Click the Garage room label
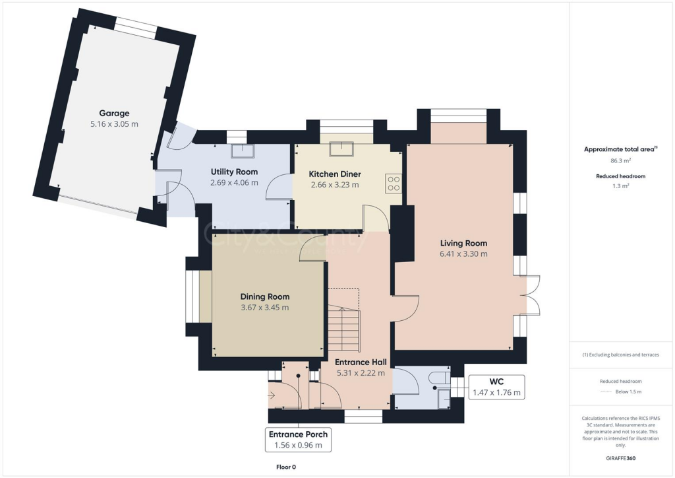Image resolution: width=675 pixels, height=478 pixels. click(x=114, y=113)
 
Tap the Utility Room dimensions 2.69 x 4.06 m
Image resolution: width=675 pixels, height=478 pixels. click(x=234, y=183)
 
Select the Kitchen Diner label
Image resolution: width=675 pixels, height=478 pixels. click(x=334, y=174)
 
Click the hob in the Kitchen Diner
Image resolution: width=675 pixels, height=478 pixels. click(x=394, y=183)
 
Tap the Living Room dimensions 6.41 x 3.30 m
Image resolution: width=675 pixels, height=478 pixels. click(x=463, y=254)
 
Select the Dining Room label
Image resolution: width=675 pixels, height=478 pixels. click(x=264, y=296)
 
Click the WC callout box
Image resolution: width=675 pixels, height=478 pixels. click(x=496, y=387)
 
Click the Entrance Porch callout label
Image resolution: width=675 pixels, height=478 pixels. click(x=298, y=440)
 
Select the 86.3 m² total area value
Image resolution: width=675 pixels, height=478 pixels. click(x=620, y=160)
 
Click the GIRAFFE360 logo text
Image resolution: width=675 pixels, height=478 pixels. click(x=620, y=458)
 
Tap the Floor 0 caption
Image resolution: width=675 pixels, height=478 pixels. click(x=286, y=467)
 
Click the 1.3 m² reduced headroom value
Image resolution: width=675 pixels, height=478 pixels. click(x=620, y=187)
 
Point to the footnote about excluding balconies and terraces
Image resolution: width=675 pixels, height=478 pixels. click(x=620, y=355)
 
